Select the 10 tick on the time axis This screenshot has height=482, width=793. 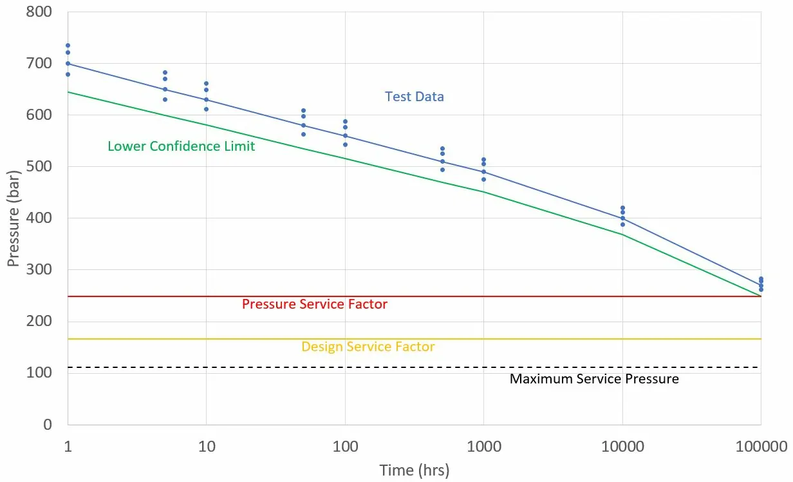(206, 445)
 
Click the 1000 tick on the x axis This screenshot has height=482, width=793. (483, 445)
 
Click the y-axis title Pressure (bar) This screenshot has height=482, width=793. (14, 218)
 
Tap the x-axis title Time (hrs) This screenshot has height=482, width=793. (414, 470)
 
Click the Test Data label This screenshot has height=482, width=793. (415, 97)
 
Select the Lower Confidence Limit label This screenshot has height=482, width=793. (181, 146)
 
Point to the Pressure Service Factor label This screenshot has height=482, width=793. (315, 304)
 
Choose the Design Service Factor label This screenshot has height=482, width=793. (368, 347)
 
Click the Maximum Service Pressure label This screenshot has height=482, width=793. (594, 379)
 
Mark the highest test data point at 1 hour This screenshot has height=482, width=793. (68, 46)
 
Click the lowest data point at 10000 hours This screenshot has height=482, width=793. (622, 224)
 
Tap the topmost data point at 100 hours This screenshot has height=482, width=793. (345, 121)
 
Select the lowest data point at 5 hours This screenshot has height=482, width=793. (165, 99)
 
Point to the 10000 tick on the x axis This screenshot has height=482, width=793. (622, 445)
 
